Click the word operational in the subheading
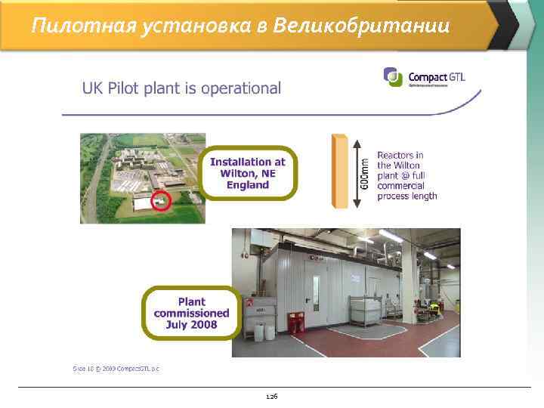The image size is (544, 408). click(240, 88)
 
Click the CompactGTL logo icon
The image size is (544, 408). click(393, 77)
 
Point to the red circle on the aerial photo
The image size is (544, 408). click(160, 201)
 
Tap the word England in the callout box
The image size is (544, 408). click(249, 184)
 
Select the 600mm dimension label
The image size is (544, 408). click(365, 173)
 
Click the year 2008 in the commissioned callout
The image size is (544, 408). click(203, 325)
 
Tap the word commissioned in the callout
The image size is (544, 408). click(191, 313)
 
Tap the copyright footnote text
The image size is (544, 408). click(116, 369)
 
